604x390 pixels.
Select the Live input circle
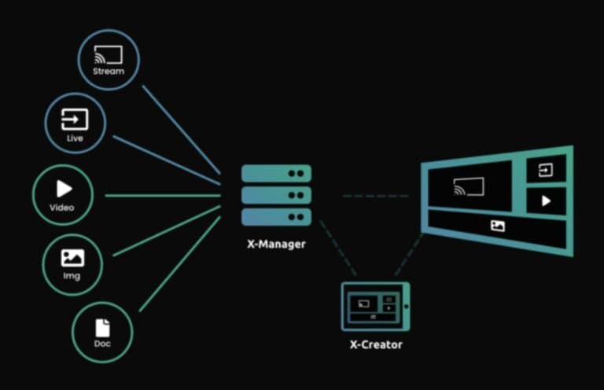point(75,124)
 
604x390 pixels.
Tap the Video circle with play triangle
point(64,193)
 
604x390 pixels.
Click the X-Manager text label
point(274,245)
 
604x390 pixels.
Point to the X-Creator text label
point(376,345)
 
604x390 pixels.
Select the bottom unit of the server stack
point(276,216)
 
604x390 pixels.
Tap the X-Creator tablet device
point(375,307)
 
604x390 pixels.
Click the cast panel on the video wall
point(470,187)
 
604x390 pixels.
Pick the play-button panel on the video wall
point(546,201)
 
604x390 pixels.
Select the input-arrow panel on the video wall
point(546,170)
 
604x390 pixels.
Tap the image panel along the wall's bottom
point(497,226)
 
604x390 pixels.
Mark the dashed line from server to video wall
point(374,195)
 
